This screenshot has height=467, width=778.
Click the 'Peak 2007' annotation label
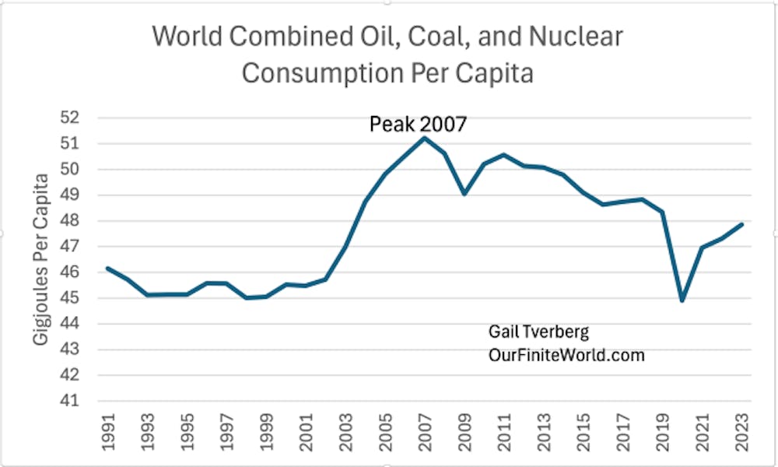pyautogui.click(x=418, y=124)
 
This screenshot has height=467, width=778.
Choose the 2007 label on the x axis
pyautogui.click(x=425, y=432)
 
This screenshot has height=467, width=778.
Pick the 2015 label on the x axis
pyautogui.click(x=583, y=432)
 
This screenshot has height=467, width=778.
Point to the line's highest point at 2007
pyautogui.click(x=425, y=138)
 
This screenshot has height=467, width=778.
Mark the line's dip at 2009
pyautogui.click(x=464, y=193)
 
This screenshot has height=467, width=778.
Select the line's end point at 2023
pyautogui.click(x=743, y=224)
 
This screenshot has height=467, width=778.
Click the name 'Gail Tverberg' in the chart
pyautogui.click(x=538, y=332)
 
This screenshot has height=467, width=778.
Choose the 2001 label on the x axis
pyautogui.click(x=306, y=432)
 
